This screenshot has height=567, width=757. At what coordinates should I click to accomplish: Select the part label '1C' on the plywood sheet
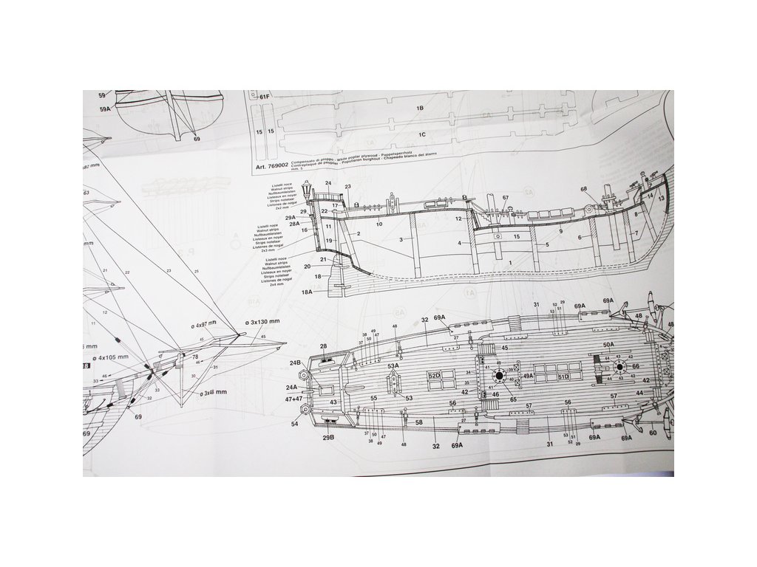(x=421, y=135)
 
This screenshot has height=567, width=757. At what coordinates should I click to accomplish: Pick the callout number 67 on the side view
(x=506, y=198)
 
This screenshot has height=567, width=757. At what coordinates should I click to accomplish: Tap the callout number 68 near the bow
(x=583, y=190)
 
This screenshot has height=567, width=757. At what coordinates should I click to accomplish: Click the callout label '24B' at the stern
(x=295, y=363)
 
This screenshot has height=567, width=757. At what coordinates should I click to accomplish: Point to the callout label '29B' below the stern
(x=329, y=438)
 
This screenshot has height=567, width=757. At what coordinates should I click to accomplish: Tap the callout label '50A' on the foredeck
(x=608, y=344)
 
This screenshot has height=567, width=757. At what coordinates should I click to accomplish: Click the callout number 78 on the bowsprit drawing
(x=195, y=357)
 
